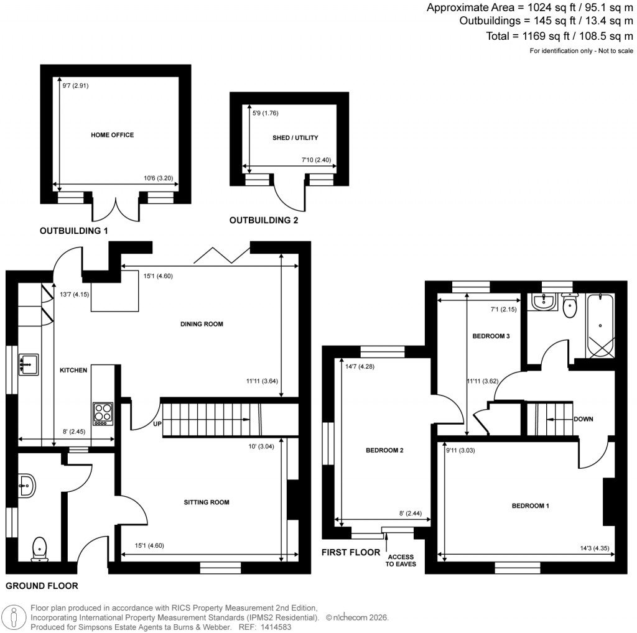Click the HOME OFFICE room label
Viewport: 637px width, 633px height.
pyautogui.click(x=112, y=135)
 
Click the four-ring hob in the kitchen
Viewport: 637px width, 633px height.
pyautogui.click(x=103, y=414)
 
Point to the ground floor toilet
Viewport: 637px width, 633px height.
pyautogui.click(x=40, y=548)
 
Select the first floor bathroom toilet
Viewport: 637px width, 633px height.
pyautogui.click(x=567, y=305)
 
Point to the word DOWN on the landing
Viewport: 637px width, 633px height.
pyautogui.click(x=582, y=419)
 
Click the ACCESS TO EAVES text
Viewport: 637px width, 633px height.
pyautogui.click(x=401, y=560)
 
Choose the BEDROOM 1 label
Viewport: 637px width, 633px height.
pyautogui.click(x=530, y=506)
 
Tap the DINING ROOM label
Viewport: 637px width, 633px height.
pyautogui.click(x=202, y=324)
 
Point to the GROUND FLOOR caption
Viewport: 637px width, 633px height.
pyautogui.click(x=42, y=586)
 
